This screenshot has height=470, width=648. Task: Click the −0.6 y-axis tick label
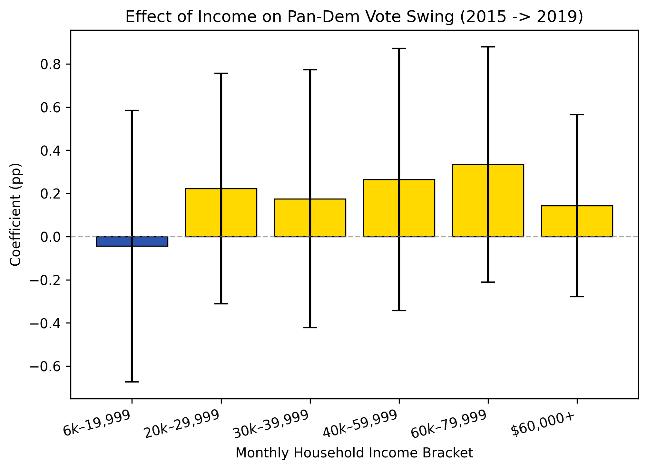tap(45, 367)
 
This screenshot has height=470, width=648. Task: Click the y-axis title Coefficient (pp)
tap(15, 214)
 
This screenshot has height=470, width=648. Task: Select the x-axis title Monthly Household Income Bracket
tap(354, 453)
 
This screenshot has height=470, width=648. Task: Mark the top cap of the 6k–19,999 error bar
tap(132, 110)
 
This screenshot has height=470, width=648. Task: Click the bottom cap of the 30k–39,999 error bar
tap(310, 328)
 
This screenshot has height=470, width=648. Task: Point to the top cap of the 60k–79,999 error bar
tap(488, 47)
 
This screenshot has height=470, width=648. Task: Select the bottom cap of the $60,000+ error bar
tap(577, 296)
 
